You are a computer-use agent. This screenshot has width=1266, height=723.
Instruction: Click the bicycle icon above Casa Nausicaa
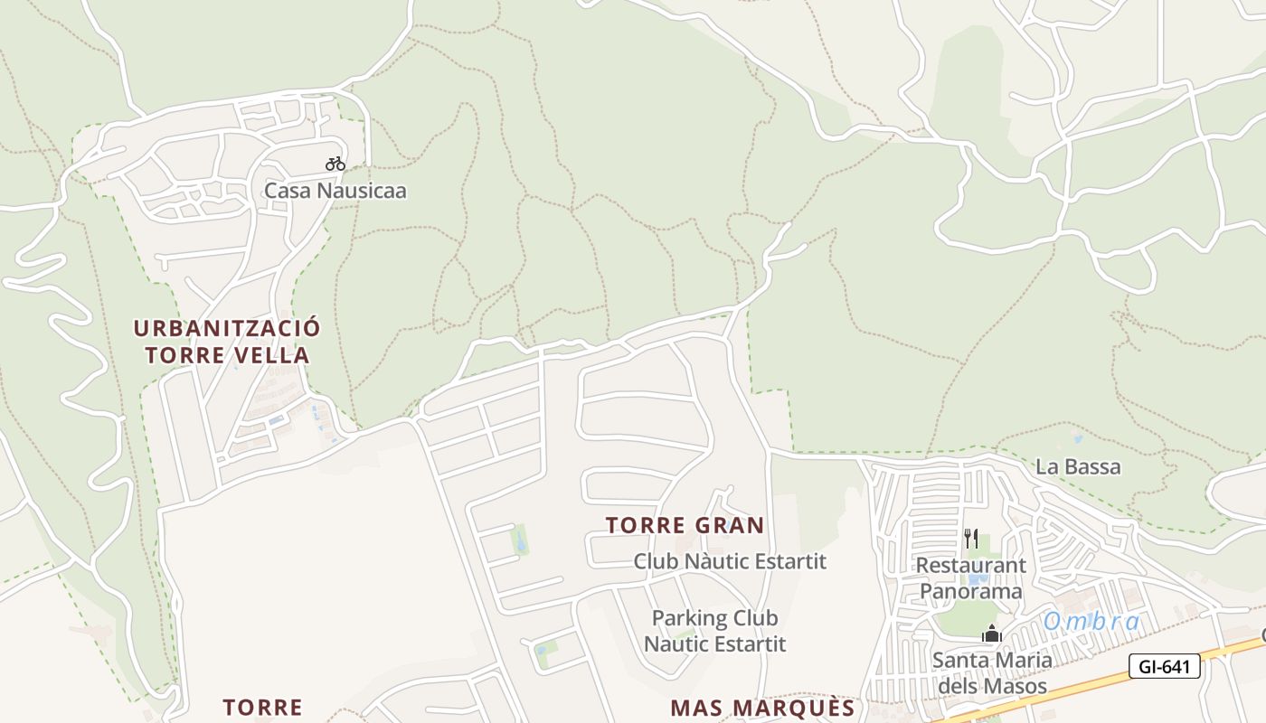335,164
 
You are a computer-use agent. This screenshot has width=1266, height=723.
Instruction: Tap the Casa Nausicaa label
335,191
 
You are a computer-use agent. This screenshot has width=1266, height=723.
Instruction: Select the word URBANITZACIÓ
227,327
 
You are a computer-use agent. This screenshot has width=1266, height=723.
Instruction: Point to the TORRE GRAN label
685,525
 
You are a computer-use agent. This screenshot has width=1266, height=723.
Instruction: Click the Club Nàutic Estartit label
730,561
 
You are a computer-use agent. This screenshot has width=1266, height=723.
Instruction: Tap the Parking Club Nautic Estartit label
714,631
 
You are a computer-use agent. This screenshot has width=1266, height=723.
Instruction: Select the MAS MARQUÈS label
762,707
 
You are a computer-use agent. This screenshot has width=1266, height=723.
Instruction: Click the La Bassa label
1078,467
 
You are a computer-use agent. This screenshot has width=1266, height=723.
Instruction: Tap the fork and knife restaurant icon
971,539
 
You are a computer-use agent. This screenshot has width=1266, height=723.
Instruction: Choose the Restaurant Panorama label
971,578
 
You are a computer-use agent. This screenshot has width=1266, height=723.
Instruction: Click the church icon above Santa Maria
992,634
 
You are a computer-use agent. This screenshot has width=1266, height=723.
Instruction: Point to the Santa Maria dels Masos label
992,672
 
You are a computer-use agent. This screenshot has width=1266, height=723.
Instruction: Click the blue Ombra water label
1091,622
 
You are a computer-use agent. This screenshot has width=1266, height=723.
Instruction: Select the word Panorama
971,592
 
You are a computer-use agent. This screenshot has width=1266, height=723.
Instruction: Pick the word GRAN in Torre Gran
729,525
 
